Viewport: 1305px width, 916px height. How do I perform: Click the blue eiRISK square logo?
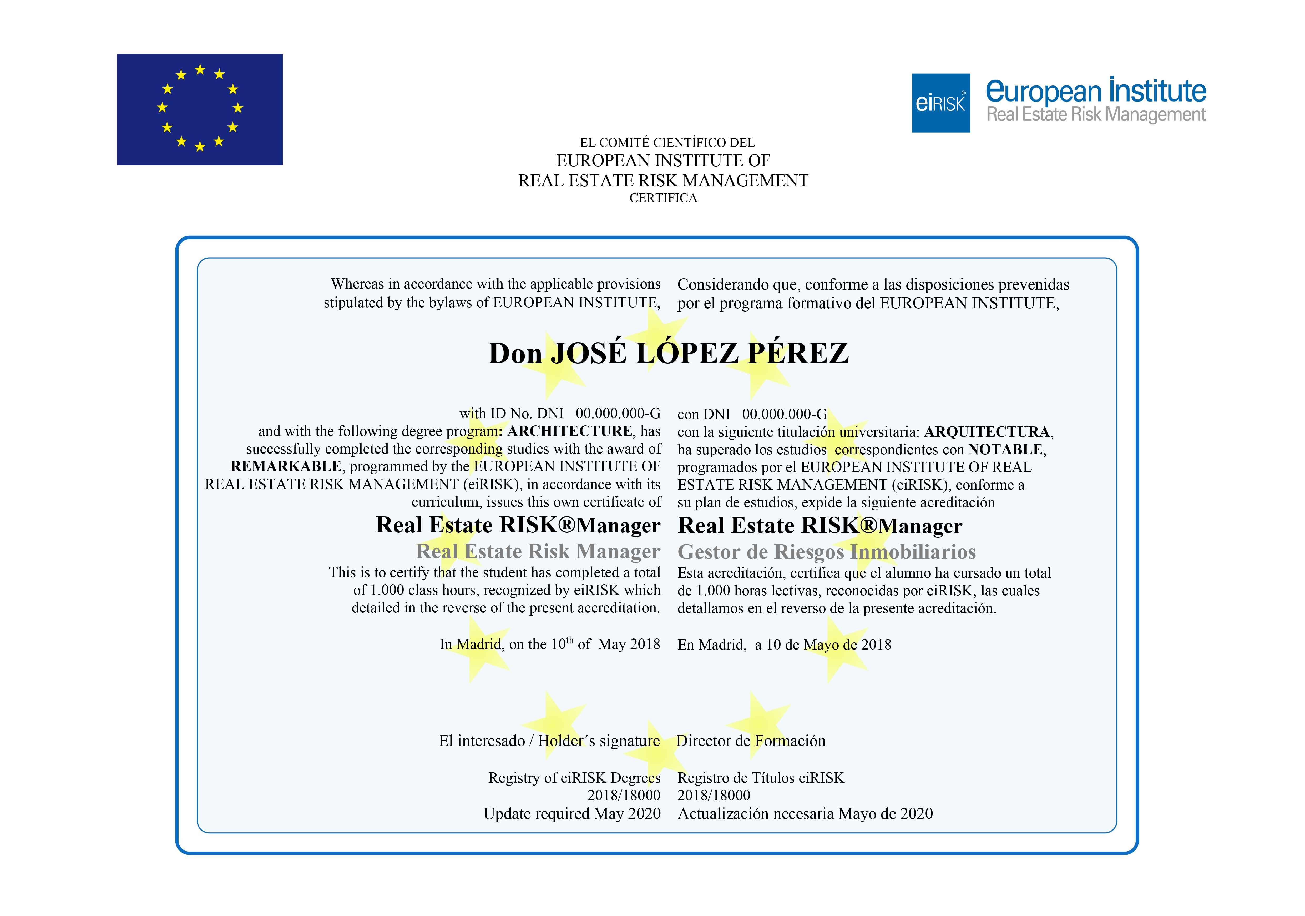tap(941, 103)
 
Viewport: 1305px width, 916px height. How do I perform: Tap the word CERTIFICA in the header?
tap(663, 198)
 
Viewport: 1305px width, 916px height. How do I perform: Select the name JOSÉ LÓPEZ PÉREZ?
tap(700, 353)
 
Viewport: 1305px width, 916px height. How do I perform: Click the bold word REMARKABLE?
tap(286, 466)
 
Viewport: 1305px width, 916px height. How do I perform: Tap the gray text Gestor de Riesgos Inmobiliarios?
tap(826, 552)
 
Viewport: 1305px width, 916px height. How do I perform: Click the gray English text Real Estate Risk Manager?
tap(538, 551)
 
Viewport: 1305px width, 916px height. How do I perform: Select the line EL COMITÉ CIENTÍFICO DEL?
tap(667, 143)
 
